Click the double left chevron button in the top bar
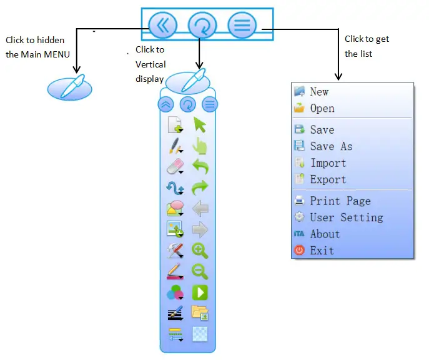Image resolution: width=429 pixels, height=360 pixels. click(x=163, y=26)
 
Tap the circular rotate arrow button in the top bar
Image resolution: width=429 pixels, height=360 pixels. click(x=202, y=26)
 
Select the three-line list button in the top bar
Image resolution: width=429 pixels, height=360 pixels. click(x=242, y=26)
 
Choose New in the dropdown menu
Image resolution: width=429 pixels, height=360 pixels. click(x=319, y=92)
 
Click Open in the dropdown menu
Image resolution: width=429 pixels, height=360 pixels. click(x=322, y=109)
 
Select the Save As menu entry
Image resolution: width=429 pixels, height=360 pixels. click(x=331, y=146)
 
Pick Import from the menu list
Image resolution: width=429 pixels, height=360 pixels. click(x=328, y=163)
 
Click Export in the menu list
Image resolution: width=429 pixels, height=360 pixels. click(x=328, y=180)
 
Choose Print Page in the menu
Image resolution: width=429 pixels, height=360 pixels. click(x=340, y=201)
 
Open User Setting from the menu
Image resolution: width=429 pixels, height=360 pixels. click(x=347, y=217)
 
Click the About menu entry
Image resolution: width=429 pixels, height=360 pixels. click(x=325, y=234)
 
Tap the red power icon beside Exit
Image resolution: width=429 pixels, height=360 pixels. click(x=300, y=251)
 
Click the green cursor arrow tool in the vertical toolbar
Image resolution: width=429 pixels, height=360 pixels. click(x=200, y=125)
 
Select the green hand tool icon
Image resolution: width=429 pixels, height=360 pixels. click(x=200, y=146)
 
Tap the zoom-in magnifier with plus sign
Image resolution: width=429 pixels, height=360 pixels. click(x=200, y=251)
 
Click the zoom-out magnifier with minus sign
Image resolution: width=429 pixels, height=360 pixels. click(x=200, y=272)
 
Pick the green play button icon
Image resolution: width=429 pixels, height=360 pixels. click(x=200, y=292)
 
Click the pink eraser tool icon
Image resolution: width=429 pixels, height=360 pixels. click(x=175, y=167)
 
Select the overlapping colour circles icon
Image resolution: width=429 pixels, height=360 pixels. click(x=175, y=292)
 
